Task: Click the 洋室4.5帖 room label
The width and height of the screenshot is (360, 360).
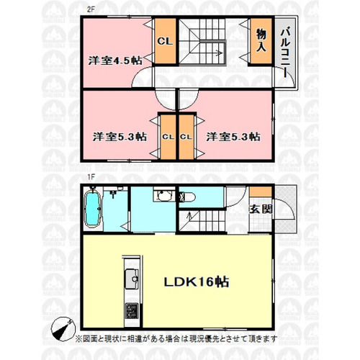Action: click(115, 60)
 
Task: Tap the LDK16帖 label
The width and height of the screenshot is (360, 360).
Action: click(197, 282)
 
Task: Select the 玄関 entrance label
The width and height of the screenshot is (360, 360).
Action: click(261, 210)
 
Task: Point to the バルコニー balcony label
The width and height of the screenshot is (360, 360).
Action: click(285, 53)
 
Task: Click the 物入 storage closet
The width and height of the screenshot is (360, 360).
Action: click(261, 41)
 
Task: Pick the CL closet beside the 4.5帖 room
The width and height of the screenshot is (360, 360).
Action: click(165, 41)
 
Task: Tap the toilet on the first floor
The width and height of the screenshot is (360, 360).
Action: click(187, 197)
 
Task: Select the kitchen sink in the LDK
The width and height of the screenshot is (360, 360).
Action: click(132, 279)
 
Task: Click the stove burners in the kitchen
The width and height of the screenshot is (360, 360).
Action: click(132, 310)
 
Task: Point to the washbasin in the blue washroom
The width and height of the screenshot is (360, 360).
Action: click(163, 194)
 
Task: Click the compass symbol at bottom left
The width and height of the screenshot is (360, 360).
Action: click(63, 328)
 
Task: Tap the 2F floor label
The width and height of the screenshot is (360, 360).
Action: click(91, 11)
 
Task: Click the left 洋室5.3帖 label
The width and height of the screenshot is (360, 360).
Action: click(120, 137)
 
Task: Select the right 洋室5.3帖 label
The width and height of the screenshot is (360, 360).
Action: click(233, 137)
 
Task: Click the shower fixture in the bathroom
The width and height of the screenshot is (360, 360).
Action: click(112, 193)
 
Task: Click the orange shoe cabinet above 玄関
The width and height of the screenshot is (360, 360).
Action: click(261, 192)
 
